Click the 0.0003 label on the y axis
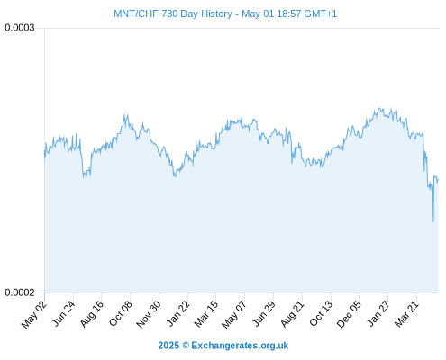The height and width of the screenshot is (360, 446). [20, 28]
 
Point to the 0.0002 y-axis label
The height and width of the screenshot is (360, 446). [20, 292]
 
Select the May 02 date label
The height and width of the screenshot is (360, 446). [34, 314]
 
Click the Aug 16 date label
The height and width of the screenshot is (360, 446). [92, 314]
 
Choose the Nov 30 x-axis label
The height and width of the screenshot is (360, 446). [149, 314]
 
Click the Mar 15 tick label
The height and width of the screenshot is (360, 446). [206, 314]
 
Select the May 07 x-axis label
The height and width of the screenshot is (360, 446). [234, 314]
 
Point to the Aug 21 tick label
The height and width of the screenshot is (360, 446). [293, 314]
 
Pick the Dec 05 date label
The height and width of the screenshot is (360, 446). [349, 314]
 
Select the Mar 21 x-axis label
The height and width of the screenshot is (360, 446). [406, 314]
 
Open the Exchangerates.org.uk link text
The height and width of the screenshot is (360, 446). [240, 346]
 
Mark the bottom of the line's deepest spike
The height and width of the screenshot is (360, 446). [433, 221]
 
